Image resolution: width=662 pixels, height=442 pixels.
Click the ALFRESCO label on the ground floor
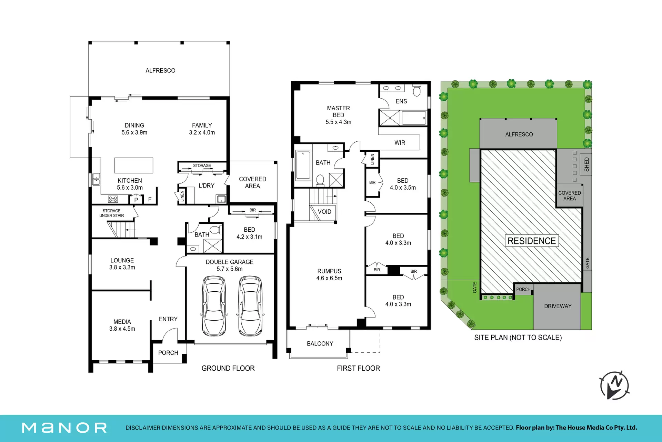coord(160,71)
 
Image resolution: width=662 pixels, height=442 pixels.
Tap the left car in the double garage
coord(214,306)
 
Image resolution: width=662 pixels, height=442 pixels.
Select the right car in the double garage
coord(250,306)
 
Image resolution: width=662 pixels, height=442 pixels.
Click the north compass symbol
coord(614,385)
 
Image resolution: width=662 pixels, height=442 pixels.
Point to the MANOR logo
coord(64,428)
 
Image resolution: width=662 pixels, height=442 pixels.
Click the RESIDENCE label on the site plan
coord(532,241)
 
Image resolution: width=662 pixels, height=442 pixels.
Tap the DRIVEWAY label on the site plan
coord(558,306)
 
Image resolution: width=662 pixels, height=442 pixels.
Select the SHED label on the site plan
coord(586,164)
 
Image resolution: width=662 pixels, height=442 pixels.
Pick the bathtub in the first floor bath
coord(303,165)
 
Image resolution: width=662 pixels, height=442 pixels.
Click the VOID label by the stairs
coord(324,212)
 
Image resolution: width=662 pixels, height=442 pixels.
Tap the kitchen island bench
coord(134,165)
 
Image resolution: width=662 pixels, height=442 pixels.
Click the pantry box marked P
coord(136,199)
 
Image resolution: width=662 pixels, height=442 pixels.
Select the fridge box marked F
coord(150,199)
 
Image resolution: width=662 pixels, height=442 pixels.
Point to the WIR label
coord(400,143)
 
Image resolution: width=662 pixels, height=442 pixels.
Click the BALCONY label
coord(320,344)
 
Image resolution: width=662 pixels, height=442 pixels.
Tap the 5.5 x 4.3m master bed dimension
coord(338,122)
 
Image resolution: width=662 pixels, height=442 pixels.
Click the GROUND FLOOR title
coord(228,368)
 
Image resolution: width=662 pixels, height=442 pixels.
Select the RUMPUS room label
coord(329,271)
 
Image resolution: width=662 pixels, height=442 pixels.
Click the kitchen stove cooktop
coord(113,199)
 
